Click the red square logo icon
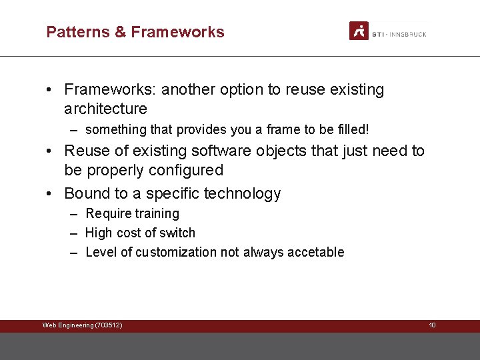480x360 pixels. (x=359, y=31)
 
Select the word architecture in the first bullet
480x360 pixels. (x=105, y=109)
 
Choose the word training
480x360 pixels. (x=157, y=214)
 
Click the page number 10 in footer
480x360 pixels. (x=432, y=325)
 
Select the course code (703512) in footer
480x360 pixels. (x=109, y=325)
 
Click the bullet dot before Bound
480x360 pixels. (x=51, y=194)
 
